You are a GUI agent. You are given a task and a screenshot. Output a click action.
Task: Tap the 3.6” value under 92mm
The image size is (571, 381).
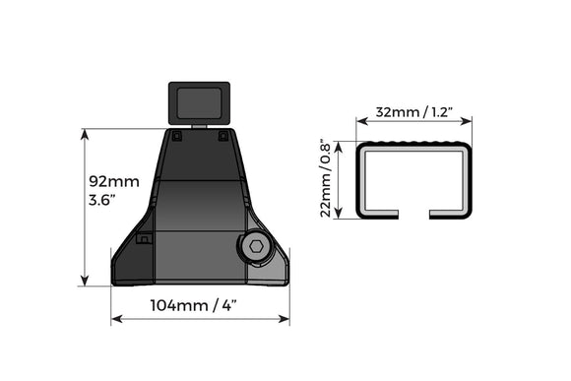[x=102, y=201]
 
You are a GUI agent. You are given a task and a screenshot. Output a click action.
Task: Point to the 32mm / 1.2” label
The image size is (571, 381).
[x=413, y=112]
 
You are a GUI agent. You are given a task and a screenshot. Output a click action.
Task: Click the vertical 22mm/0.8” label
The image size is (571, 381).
[x=327, y=179]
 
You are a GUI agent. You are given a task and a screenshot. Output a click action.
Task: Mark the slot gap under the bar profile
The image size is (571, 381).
[x=413, y=215]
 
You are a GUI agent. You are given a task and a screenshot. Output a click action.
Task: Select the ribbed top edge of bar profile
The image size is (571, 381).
[x=413, y=145]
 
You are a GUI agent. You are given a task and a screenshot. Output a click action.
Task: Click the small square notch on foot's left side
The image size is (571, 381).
[x=144, y=238]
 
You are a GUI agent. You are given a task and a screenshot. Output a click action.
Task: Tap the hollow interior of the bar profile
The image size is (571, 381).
[x=413, y=180]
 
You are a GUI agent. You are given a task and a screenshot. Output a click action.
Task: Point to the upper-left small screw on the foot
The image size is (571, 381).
[x=176, y=137]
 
